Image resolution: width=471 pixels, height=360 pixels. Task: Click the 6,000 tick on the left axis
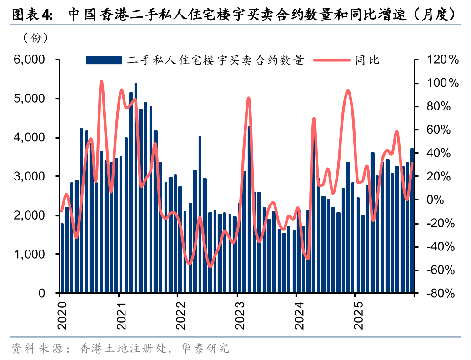(x=29, y=60)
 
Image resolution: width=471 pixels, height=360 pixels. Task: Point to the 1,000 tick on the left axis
(x=29, y=254)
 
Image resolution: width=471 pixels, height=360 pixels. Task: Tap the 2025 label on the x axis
(x=358, y=314)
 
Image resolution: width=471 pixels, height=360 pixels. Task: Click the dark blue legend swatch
(x=104, y=60)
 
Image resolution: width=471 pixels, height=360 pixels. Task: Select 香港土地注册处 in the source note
(x=121, y=349)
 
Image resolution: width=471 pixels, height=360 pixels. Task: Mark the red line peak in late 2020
(x=101, y=82)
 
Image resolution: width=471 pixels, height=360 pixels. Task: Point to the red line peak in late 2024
(x=348, y=90)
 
